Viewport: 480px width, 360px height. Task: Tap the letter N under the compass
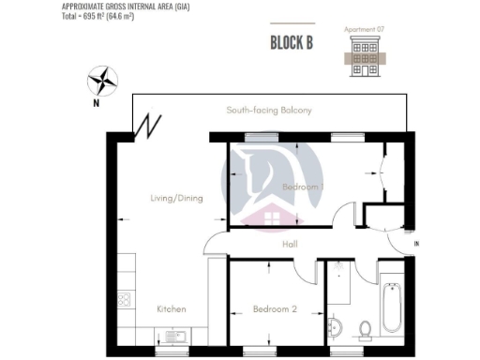[96, 104]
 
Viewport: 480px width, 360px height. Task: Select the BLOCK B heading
[291, 43]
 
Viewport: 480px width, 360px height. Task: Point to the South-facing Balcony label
[269, 111]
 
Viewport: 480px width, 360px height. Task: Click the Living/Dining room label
[176, 198]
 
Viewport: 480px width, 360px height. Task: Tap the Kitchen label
[171, 308]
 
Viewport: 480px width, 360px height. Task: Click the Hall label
[291, 244]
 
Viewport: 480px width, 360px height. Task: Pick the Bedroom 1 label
[303, 187]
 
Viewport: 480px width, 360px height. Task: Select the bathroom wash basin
[335, 329]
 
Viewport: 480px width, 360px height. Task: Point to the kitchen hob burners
[122, 300]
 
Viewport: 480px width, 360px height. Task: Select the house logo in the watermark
[266, 219]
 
